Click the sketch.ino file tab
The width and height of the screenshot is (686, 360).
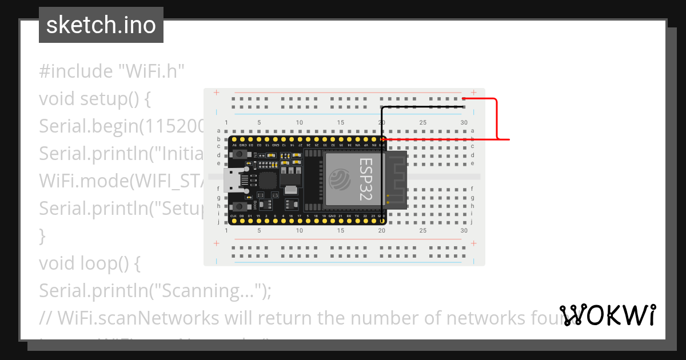(101, 25)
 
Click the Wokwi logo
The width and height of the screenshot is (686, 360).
(608, 315)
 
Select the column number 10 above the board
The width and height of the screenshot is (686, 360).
(300, 123)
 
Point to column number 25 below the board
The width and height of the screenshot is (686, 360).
(422, 231)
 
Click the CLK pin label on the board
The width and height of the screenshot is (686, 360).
(233, 216)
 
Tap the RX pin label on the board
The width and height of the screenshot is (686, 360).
(349, 216)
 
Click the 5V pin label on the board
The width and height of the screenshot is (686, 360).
(234, 146)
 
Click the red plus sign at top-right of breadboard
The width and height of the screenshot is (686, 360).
(473, 92)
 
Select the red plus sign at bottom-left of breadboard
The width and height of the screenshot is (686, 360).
(216, 243)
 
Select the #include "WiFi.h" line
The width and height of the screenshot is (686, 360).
(111, 71)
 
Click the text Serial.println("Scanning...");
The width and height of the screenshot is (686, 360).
(155, 291)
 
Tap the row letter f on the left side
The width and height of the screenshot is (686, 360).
(218, 189)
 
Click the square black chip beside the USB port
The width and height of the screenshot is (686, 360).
(267, 181)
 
